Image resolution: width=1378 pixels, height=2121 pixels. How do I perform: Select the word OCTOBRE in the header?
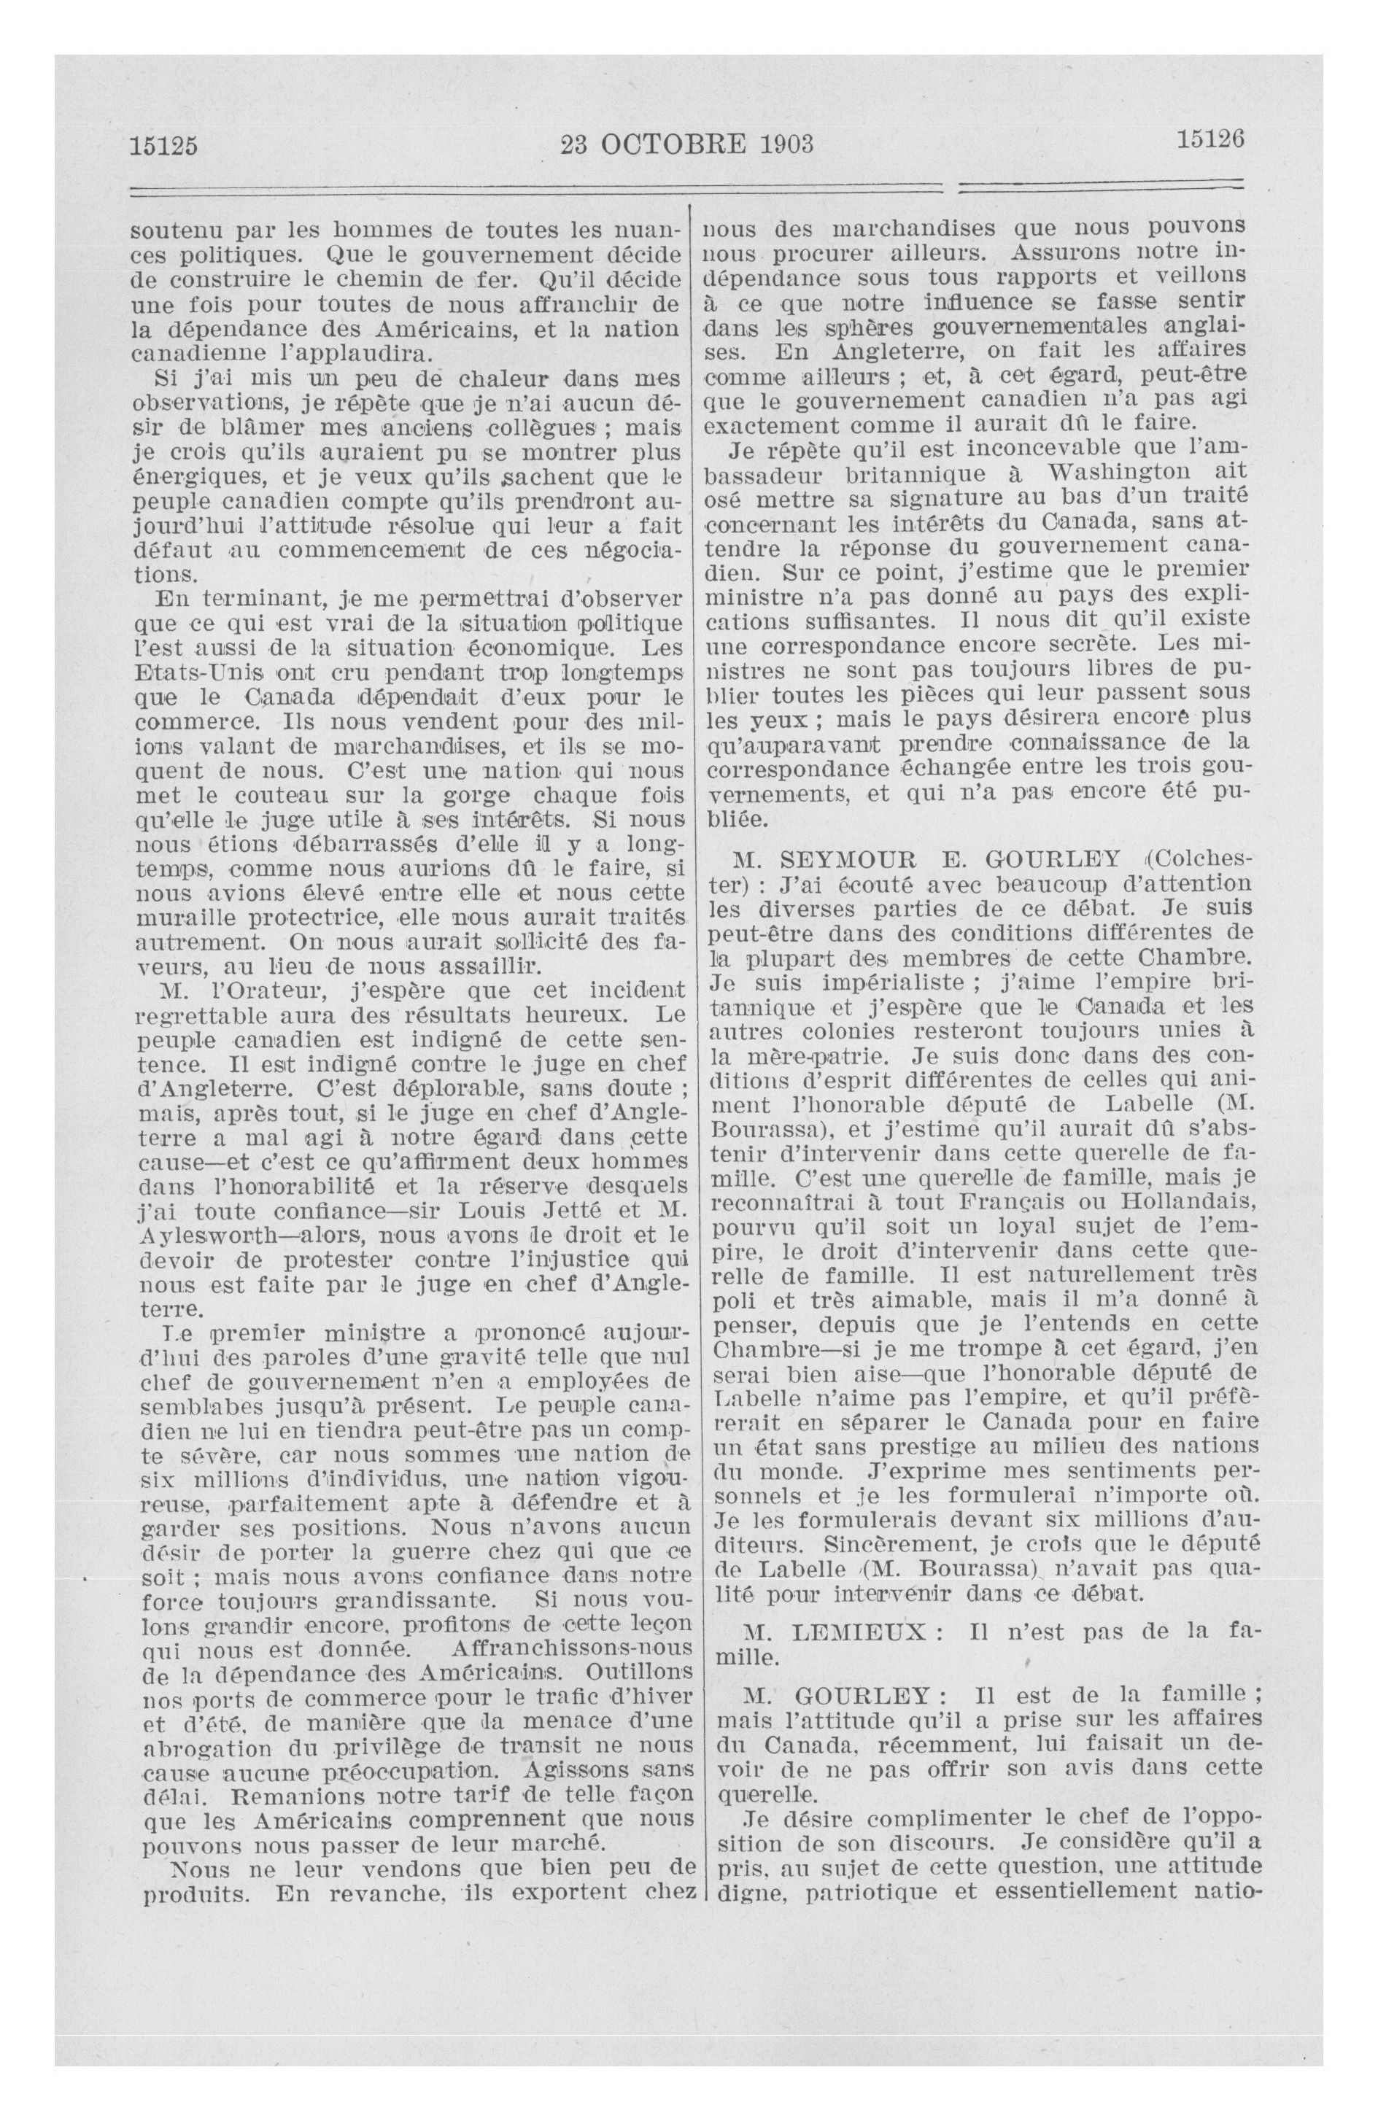(x=678, y=142)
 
